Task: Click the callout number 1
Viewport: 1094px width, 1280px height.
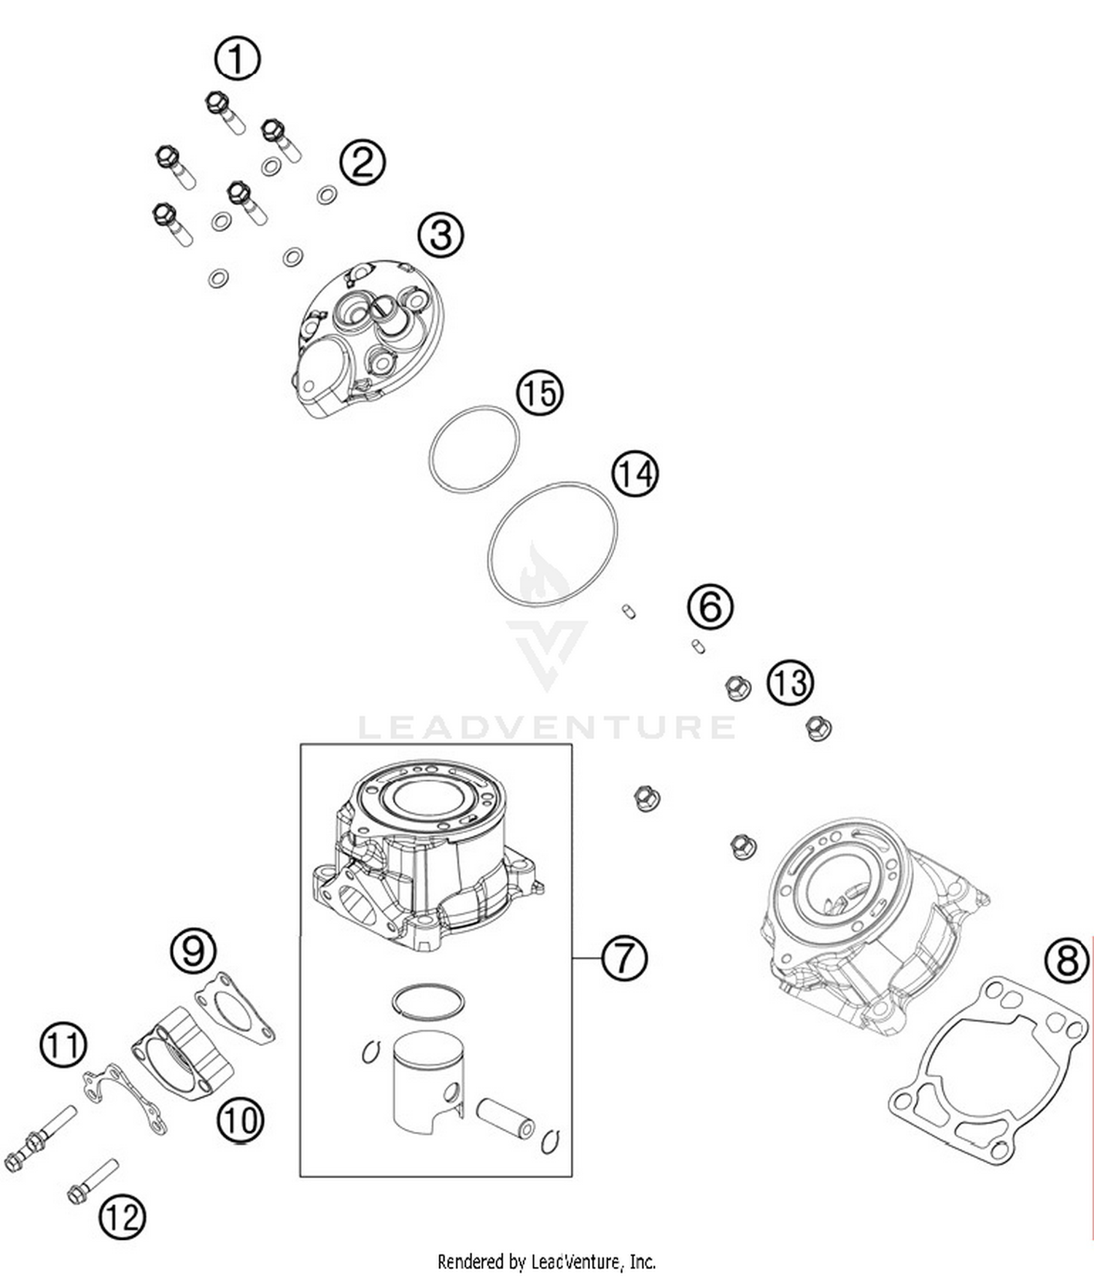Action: pyautogui.click(x=237, y=58)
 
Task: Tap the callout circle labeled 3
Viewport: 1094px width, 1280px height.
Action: pyautogui.click(x=441, y=235)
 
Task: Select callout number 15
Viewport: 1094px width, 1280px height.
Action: pyautogui.click(x=540, y=393)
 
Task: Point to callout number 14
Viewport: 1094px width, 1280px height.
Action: pyautogui.click(x=635, y=474)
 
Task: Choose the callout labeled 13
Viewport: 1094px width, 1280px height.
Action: pyautogui.click(x=790, y=683)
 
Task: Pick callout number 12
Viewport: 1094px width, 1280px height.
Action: pyautogui.click(x=122, y=1217)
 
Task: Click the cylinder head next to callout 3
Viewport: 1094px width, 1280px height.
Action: pyautogui.click(x=368, y=339)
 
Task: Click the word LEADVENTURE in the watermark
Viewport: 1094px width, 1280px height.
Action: pyautogui.click(x=547, y=727)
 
